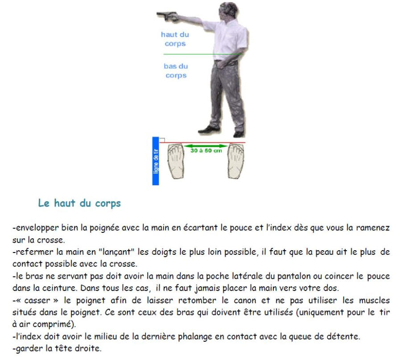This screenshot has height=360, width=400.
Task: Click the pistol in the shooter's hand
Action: point(167,16)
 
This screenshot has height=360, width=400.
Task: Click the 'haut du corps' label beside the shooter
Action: point(175,39)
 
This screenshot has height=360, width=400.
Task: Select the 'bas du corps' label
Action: point(176,71)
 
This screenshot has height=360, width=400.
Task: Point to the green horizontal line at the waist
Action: point(202,54)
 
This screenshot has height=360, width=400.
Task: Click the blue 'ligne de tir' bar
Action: point(156,161)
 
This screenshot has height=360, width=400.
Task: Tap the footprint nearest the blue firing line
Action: point(176,161)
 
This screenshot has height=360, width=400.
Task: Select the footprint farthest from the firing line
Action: point(236,161)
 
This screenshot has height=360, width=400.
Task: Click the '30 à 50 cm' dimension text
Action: point(206,151)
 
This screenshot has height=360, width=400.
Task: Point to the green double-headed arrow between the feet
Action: point(206,146)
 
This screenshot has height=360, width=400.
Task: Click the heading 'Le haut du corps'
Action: point(79,203)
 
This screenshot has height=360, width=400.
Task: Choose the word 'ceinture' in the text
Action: point(59,288)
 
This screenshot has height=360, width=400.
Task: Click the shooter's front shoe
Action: point(209,129)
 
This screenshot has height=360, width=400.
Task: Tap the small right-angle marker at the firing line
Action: point(162,140)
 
